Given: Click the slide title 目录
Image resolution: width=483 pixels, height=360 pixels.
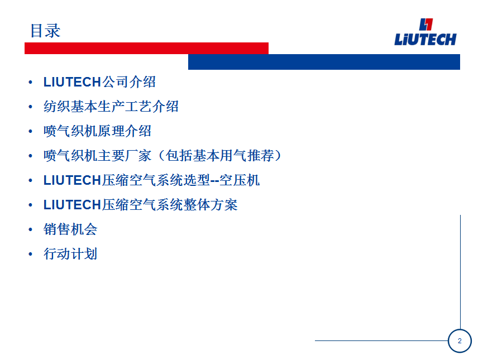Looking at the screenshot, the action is pos(45,31).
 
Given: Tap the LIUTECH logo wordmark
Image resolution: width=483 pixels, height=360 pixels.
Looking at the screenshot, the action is pos(425,40).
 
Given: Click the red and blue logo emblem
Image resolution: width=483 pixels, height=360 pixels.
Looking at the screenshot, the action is pos(426,25).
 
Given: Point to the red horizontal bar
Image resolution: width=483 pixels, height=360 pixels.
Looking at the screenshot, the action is pos(146,49).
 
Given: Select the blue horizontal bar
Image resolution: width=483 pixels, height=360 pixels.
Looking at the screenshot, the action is pos(324,62).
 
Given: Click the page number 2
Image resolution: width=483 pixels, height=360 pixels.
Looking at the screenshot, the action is pos(460,341).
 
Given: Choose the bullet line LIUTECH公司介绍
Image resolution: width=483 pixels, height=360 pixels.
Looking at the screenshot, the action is pos(99,82).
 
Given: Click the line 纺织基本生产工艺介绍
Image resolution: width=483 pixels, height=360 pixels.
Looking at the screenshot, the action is pos(111,107).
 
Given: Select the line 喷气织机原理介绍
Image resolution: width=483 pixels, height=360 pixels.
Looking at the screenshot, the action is pos(97,131).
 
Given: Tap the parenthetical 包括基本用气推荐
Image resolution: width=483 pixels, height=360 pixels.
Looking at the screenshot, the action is pos(219,156).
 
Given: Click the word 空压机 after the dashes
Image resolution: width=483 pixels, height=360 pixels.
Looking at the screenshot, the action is pos(240,180).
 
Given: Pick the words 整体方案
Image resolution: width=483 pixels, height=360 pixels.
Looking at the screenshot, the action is pos(211,205).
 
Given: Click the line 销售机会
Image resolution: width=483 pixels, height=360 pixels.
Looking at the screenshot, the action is pos(70,229).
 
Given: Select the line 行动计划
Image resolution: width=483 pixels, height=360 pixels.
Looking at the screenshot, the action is pos(70,254).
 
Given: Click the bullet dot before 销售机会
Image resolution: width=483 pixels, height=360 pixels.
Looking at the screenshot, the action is pos(30,230).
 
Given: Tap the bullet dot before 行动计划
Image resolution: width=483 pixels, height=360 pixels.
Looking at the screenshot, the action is pos(30,255).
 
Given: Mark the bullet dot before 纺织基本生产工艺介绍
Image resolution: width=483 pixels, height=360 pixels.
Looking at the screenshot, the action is pos(30,107).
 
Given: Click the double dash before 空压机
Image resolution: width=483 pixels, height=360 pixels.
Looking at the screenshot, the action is pos(215,181).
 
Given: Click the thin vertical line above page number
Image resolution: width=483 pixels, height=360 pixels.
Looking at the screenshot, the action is pos(460,272).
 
